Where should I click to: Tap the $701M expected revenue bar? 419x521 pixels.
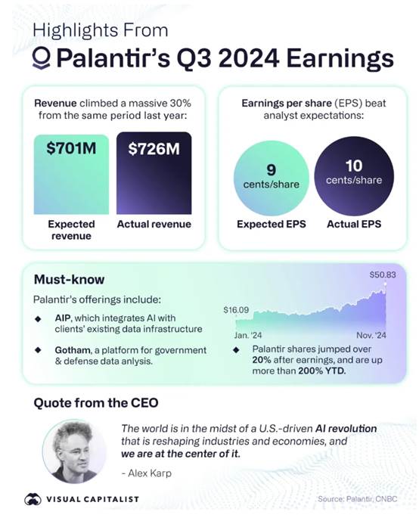point(71,175)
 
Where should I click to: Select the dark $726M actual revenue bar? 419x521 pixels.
point(154,173)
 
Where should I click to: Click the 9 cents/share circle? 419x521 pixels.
point(271,178)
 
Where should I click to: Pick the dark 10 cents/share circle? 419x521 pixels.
point(354,176)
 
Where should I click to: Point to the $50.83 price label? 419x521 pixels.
point(383,274)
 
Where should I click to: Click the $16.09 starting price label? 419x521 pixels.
point(236,310)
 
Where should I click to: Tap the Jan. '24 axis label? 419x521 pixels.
point(247,335)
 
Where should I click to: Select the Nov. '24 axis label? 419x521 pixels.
point(371,335)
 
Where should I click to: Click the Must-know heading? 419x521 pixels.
point(69,280)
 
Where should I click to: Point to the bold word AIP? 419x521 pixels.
point(63,318)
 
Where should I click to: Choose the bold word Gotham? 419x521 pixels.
point(73,350)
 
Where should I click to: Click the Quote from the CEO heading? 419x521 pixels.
point(96,403)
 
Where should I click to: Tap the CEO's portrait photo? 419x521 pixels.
point(74,451)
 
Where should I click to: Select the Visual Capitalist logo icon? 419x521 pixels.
point(33,499)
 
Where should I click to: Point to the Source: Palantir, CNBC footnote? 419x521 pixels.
point(357,499)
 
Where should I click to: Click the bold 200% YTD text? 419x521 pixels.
point(322,371)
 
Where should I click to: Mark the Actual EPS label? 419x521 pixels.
point(354,225)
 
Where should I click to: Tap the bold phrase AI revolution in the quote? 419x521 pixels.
point(346,429)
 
